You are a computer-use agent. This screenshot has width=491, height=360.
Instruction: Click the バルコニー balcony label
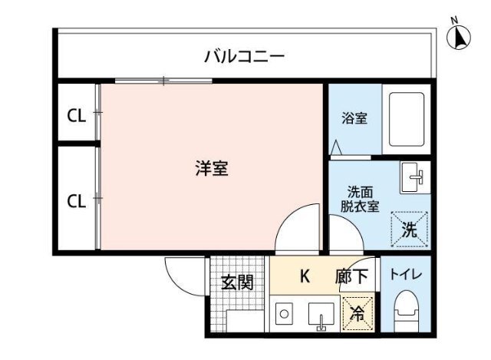coord(245,56)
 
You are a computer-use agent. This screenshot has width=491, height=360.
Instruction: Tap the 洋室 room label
coord(210,169)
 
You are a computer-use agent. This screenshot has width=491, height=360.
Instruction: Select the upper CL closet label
coord(76,116)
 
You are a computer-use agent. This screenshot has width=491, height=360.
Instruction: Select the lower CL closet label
coord(76,201)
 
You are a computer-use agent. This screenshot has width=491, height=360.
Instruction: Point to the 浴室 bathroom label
coord(354,119)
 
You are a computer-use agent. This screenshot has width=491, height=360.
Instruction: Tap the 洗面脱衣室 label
coord(360,199)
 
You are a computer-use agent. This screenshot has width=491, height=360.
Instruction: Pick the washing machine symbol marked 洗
coord(410,228)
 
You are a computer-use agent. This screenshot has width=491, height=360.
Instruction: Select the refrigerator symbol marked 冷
coord(357,312)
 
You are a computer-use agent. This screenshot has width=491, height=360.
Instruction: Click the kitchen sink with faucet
coord(321,315)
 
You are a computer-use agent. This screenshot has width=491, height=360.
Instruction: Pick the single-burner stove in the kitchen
coord(283,315)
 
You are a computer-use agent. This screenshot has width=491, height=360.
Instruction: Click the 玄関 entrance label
coord(237,282)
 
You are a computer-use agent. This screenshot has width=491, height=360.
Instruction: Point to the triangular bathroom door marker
coord(336,147)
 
